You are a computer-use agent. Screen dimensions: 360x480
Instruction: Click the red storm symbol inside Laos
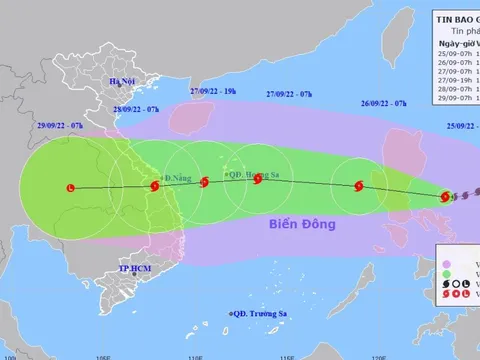pyautogui.click(x=69, y=188)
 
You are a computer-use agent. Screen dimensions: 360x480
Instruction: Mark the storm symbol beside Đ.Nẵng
pyautogui.click(x=155, y=186)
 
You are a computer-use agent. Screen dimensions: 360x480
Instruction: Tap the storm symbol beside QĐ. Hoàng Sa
pyautogui.click(x=258, y=180)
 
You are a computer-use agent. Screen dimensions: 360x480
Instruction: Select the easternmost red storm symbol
pyautogui.click(x=446, y=196)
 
